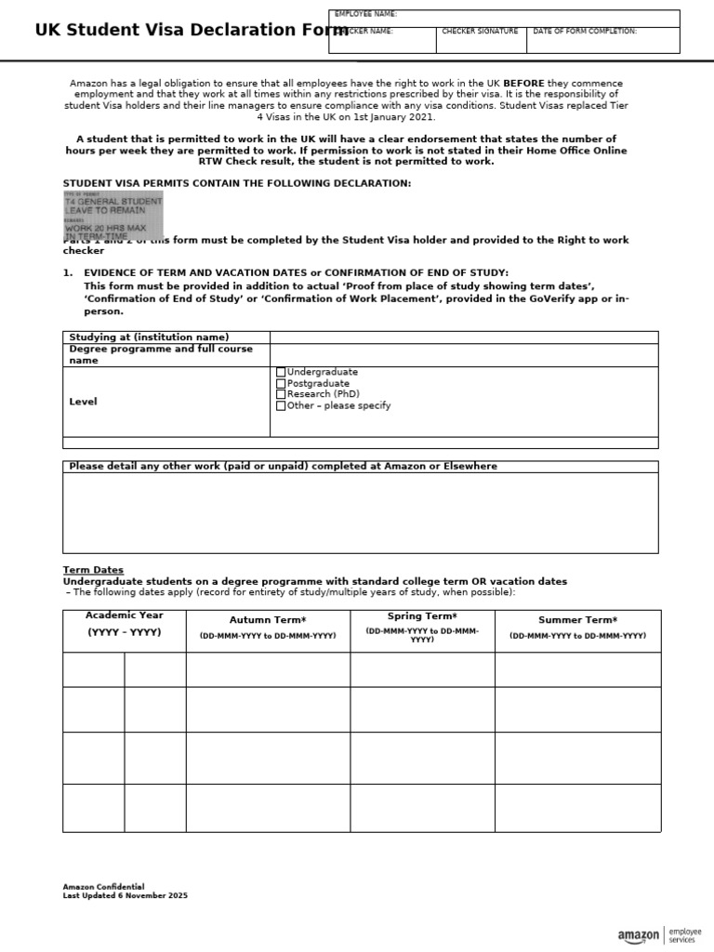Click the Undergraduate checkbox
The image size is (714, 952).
[x=281, y=372]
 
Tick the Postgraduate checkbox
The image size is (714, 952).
[x=281, y=383]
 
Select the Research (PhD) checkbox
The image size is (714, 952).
[x=281, y=394]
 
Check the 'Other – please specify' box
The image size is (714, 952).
[x=281, y=405]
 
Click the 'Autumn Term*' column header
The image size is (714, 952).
[x=268, y=620]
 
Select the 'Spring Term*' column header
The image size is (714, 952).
[x=422, y=616]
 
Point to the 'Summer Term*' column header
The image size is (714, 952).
[x=577, y=620]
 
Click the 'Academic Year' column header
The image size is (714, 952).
[x=124, y=615]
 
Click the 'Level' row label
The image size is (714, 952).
[x=84, y=402]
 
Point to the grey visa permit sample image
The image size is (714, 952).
[x=112, y=216]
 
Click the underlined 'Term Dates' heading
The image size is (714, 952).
[x=93, y=570]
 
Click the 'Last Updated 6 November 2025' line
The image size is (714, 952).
[x=125, y=895]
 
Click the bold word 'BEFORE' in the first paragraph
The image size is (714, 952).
[x=523, y=84]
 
